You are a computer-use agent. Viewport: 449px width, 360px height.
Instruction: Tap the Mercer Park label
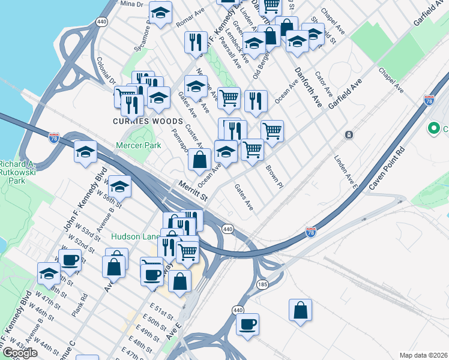[x=139, y=145]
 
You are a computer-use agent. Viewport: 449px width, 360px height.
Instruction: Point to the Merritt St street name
[x=192, y=192]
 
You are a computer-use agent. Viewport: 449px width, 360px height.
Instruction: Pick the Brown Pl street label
[x=274, y=178]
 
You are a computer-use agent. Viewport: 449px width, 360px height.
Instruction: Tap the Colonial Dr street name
[x=106, y=71]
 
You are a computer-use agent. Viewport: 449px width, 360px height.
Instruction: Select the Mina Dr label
[x=132, y=4]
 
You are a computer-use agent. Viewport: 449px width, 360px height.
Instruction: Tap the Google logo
[x=19, y=353]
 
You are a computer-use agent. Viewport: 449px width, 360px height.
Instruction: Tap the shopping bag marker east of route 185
[x=300, y=310]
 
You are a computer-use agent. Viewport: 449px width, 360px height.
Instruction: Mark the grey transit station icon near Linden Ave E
[x=348, y=135]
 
